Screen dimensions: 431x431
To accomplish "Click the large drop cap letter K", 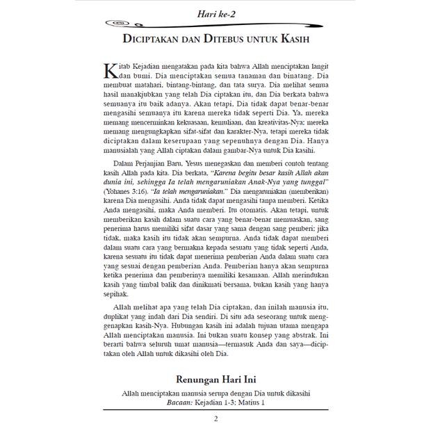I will [111, 72].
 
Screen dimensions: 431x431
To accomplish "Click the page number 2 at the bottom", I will [215, 418].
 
